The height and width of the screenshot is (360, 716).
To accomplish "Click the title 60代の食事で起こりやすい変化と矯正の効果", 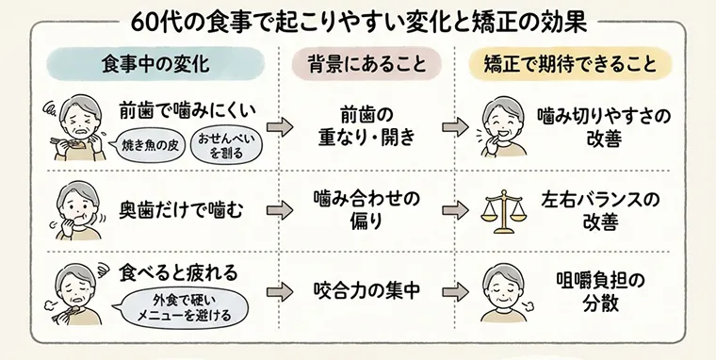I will point(358,20).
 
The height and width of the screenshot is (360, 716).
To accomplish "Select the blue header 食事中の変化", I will point(155,65).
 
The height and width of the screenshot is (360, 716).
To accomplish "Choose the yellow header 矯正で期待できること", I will point(570,65).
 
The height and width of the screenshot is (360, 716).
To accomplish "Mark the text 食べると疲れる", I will point(178,272).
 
